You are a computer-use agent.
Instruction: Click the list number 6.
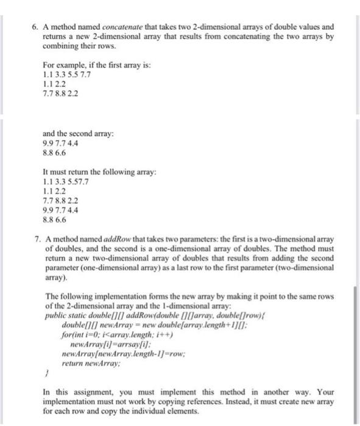(35, 27)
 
